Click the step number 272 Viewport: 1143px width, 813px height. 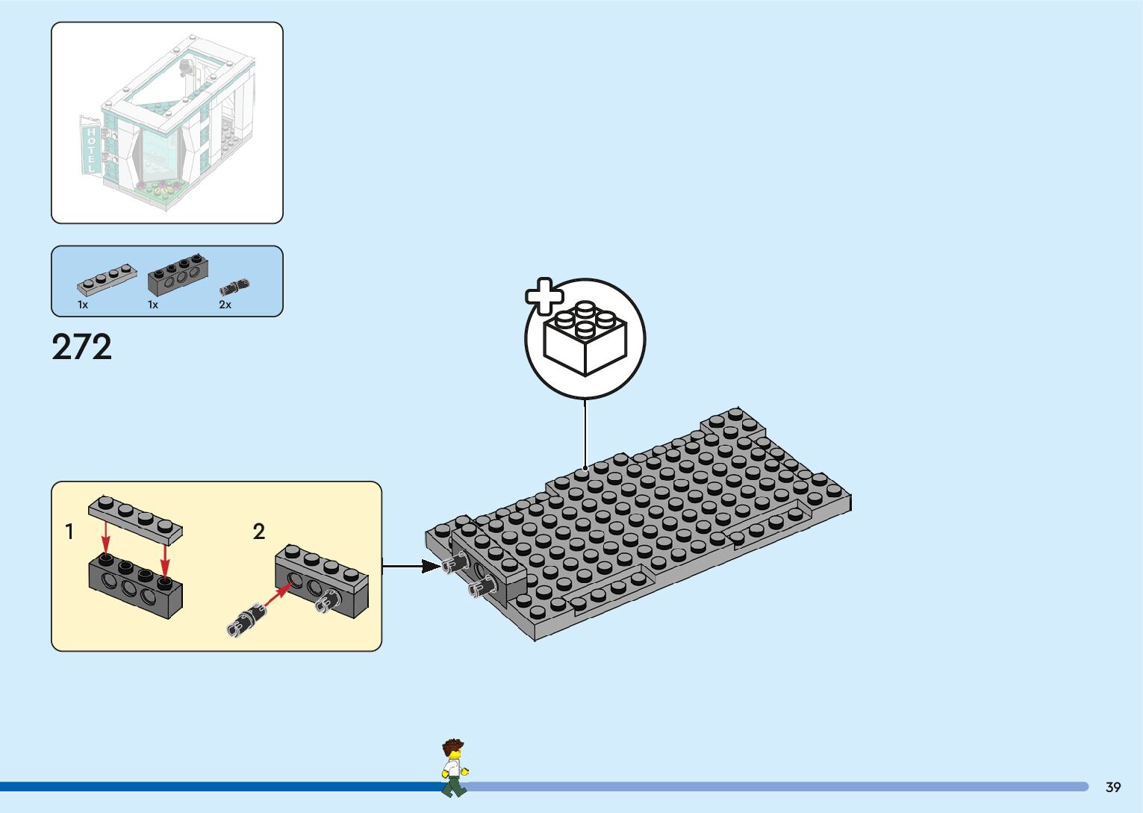82,347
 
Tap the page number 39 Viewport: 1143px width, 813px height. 1113,787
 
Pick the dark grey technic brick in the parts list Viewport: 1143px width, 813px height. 178,275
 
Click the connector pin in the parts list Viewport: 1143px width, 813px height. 234,286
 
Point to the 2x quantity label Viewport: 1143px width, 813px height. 225,305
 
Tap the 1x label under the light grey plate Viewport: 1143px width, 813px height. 83,305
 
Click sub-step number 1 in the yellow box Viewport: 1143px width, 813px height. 69,532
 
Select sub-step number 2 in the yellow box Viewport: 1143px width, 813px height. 259,532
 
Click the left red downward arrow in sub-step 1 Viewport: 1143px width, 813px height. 107,536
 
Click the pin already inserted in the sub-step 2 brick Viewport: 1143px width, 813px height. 326,601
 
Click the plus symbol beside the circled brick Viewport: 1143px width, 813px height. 544,296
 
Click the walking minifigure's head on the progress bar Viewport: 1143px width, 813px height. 452,750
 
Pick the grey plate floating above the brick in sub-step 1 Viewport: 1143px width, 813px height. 135,518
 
